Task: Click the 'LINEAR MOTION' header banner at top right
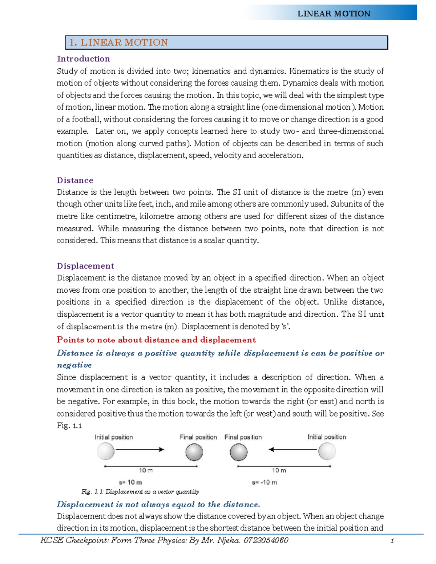(x=334, y=13)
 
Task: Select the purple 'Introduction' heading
(x=83, y=59)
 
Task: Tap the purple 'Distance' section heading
(x=75, y=180)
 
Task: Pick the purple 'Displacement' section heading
(x=85, y=266)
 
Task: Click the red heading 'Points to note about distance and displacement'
(x=156, y=340)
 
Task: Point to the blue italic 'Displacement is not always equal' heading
(x=158, y=504)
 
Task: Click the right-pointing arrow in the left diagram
(x=140, y=450)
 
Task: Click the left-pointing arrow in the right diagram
(x=293, y=450)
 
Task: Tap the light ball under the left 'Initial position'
(x=106, y=451)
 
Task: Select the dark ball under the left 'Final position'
(x=194, y=452)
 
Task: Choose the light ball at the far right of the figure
(x=327, y=451)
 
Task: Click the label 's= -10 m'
(x=264, y=482)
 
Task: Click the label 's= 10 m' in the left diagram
(x=130, y=482)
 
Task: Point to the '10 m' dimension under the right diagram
(x=279, y=470)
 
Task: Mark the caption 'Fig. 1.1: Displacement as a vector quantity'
(x=140, y=492)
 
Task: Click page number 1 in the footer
(x=392, y=541)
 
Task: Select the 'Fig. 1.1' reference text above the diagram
(x=69, y=426)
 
